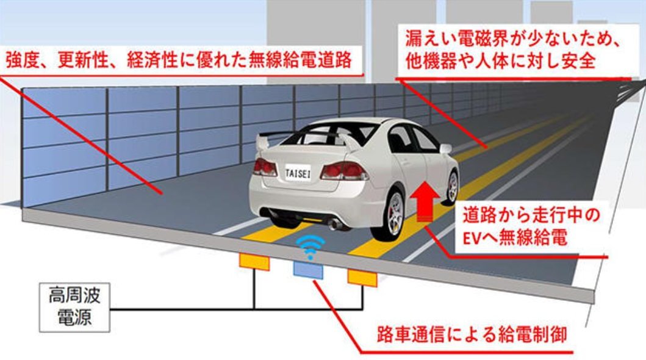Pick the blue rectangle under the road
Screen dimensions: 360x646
coord(309,268)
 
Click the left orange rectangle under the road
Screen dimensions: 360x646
coord(254,262)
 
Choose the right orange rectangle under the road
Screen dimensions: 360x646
coord(362,276)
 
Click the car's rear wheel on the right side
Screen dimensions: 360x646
coord(394,215)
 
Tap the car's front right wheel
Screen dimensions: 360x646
coord(452,185)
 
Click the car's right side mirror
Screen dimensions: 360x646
coord(445,148)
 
